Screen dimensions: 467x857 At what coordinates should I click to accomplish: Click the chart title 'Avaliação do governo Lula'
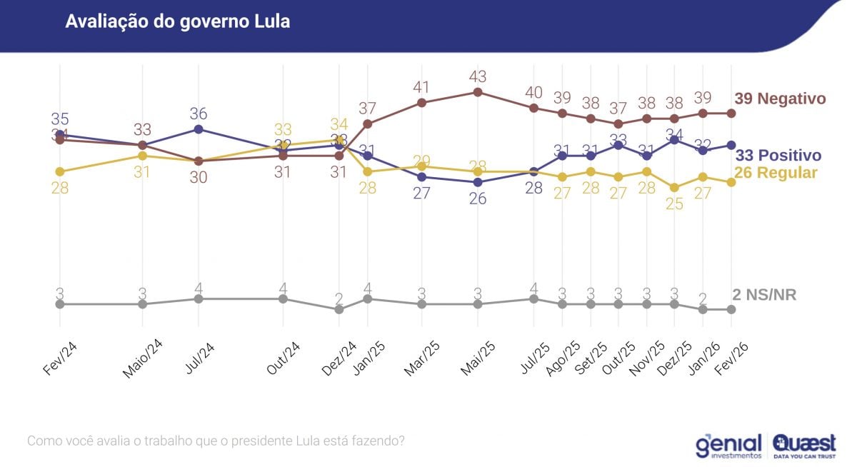178,21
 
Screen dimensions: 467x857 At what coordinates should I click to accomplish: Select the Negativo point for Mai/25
478,92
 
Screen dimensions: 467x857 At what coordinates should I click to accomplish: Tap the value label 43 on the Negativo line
478,76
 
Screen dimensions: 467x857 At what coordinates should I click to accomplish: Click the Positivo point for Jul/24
199,129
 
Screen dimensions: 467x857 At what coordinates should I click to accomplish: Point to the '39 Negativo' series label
780,99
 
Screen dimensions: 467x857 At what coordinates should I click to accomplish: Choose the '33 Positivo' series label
778,155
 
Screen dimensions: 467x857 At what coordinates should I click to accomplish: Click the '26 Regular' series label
776,173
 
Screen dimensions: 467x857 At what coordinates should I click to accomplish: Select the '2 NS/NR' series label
764,295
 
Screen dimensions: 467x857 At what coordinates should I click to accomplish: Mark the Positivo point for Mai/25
478,182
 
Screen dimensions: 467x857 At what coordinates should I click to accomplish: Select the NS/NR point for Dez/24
339,309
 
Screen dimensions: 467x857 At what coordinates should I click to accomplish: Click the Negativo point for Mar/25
421,103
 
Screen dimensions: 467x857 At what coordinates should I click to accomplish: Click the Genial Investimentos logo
728,445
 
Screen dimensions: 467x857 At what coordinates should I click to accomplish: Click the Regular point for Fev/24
60,171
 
